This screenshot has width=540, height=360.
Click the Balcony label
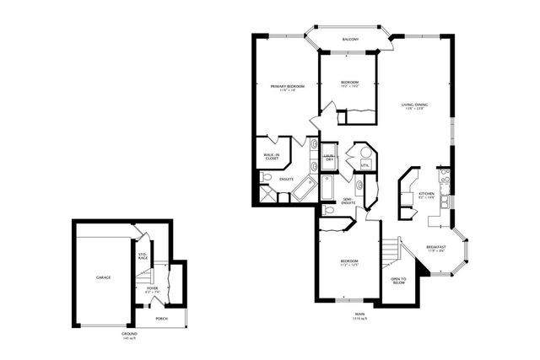pyautogui.click(x=350, y=40)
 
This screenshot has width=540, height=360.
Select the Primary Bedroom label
pyautogui.click(x=286, y=88)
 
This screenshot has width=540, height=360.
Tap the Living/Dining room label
pyautogui.click(x=414, y=105)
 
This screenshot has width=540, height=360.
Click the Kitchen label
pyautogui.click(x=426, y=195)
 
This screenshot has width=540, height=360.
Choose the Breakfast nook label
pyautogui.click(x=436, y=249)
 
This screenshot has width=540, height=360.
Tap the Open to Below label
pyautogui.click(x=398, y=282)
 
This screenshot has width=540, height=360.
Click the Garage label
pyautogui.click(x=103, y=277)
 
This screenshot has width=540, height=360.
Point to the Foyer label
pyautogui.click(x=153, y=290)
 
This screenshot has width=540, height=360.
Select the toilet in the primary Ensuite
pyautogui.click(x=265, y=177)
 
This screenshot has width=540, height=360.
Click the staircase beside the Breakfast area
pyautogui.click(x=391, y=250)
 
